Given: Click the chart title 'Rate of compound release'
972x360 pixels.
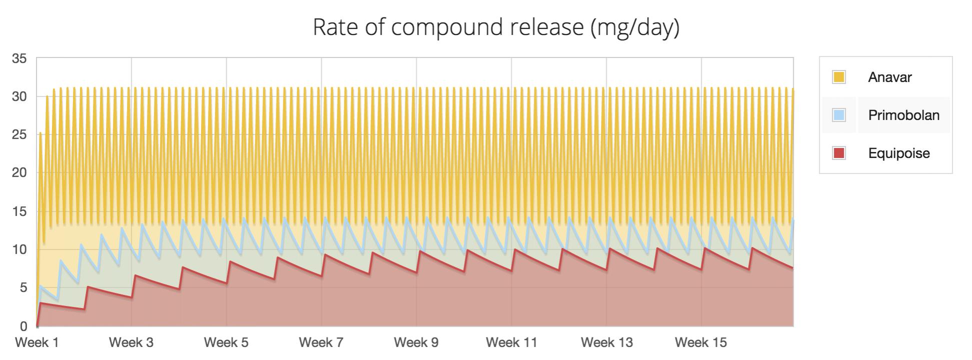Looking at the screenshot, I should pos(448,27).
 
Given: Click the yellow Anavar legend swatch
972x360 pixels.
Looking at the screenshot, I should pos(839,77).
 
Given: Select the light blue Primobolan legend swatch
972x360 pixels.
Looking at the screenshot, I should pos(839,115).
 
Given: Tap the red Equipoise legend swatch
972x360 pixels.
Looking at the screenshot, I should pos(839,153).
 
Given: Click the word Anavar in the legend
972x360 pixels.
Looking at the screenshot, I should pos(889,77).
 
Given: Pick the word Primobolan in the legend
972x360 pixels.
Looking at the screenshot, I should pos(903,115).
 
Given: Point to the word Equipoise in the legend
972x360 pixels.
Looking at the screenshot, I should pos(898,153).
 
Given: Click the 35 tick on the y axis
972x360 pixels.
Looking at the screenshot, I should pos(20,58).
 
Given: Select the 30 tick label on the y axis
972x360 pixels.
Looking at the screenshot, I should pos(20,96).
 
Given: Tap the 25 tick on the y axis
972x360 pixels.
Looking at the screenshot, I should pos(20,135).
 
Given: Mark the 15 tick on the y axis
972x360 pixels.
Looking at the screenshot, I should pos(20,211).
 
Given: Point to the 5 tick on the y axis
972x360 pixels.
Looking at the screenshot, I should pos(23,287).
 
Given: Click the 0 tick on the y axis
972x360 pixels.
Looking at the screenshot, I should pos(23,326).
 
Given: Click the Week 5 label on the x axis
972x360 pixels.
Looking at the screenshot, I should pos(226,342).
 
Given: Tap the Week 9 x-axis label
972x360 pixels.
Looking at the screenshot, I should pos(416,342).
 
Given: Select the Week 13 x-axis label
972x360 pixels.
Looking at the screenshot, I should pos(606,342).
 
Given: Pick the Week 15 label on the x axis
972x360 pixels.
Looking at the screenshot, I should pos(700,342).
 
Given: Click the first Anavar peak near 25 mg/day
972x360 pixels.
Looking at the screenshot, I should pos(40,133).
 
